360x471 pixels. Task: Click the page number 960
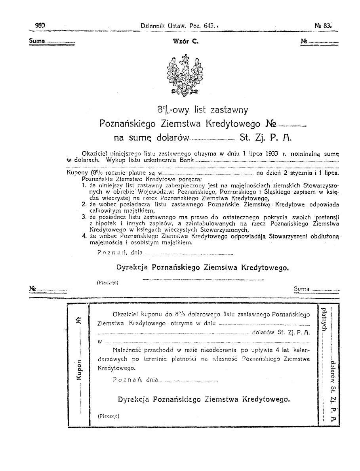[x=40, y=26]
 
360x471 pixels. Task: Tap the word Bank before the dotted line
[x=187, y=160]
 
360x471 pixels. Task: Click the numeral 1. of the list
[x=84, y=185]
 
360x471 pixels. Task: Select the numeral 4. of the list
[x=84, y=236]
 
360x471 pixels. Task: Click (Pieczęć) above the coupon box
[x=107, y=283]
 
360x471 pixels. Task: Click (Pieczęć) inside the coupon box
[x=108, y=416]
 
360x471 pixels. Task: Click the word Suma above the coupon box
[x=302, y=289]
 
